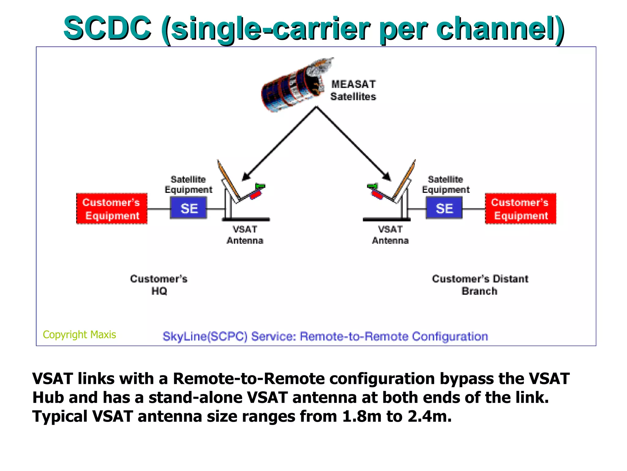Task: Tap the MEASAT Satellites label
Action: (353, 90)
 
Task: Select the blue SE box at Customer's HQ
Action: (189, 208)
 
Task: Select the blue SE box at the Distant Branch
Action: (444, 208)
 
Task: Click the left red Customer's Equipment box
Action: (112, 209)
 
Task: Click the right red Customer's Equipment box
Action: (520, 209)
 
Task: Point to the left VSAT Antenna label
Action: (245, 235)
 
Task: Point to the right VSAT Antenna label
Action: (390, 235)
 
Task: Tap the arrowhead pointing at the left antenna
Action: (246, 177)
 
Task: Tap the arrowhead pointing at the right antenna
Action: (387, 177)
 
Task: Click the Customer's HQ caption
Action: (159, 285)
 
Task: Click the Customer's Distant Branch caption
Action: (480, 285)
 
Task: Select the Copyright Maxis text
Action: (79, 334)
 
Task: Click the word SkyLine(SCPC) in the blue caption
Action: (205, 336)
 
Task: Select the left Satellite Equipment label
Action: (188, 184)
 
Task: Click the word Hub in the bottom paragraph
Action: (48, 397)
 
